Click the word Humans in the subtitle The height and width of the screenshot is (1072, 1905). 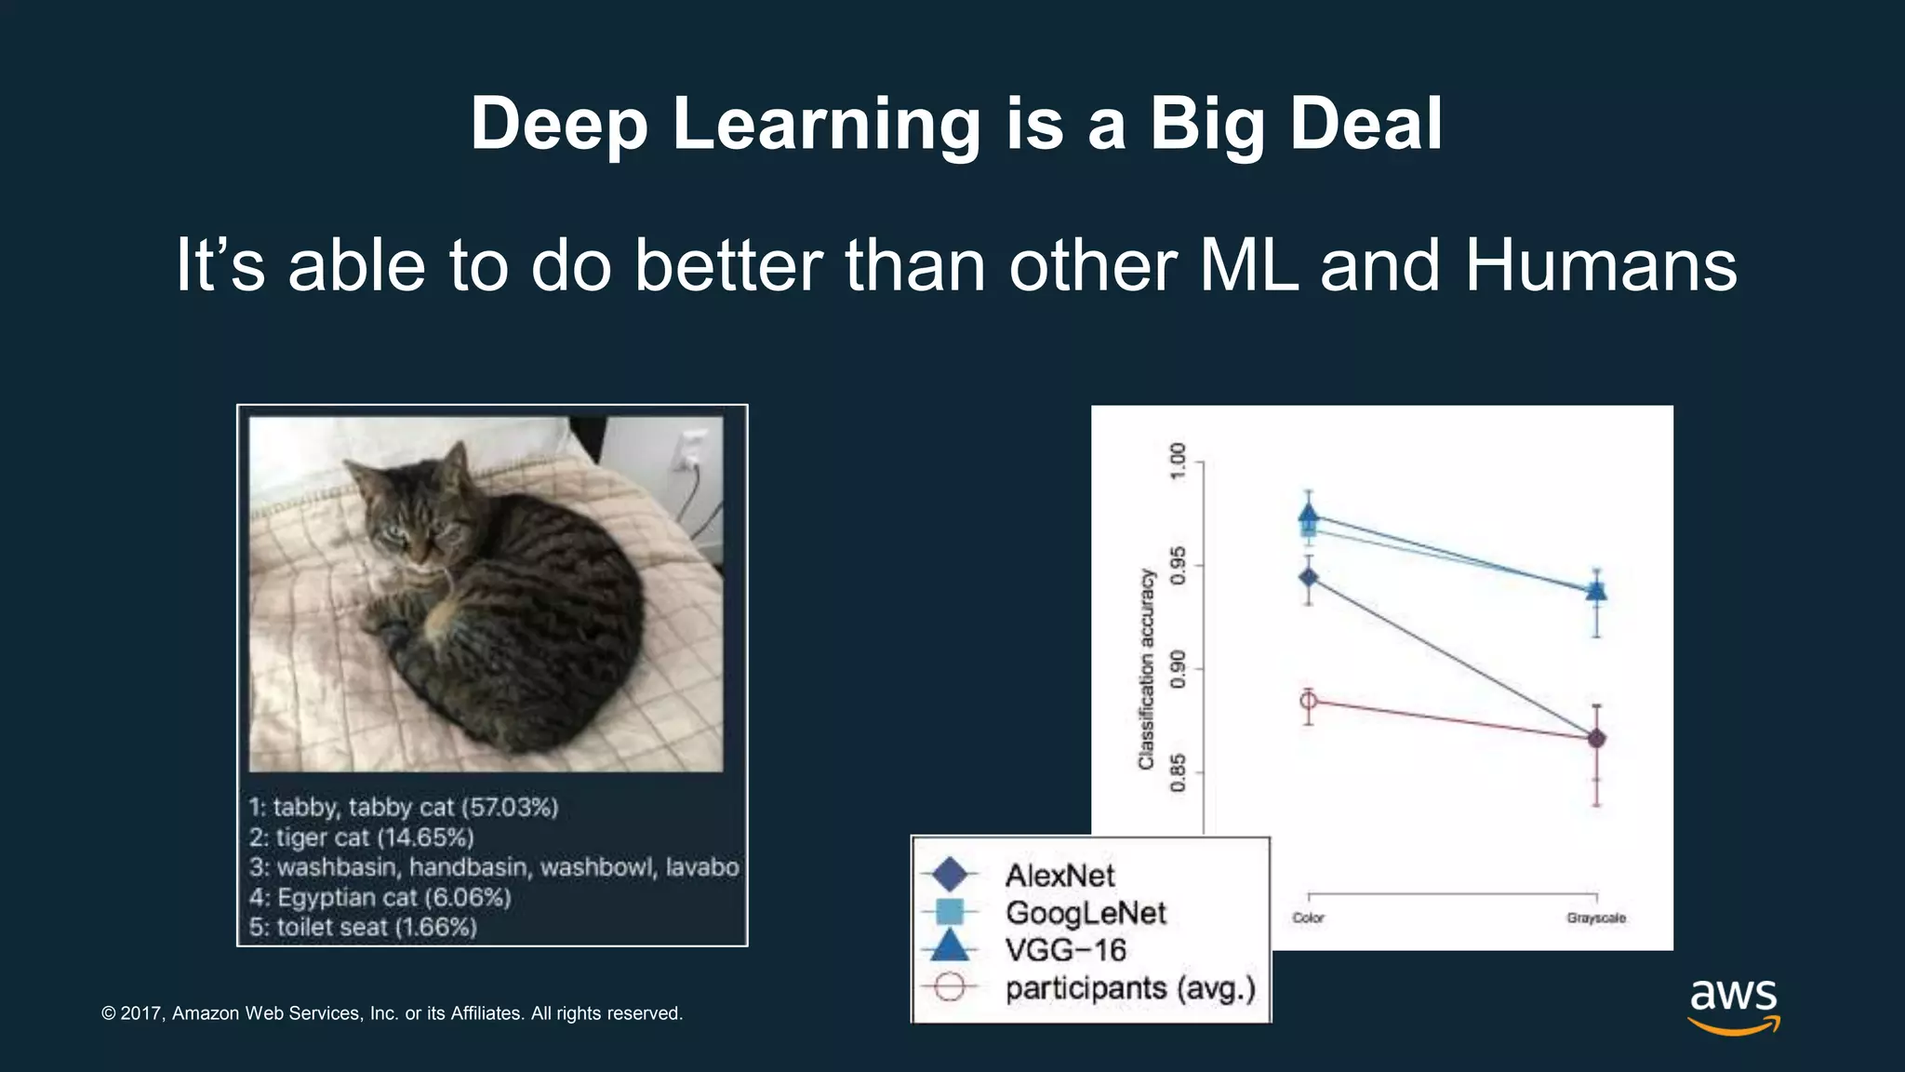click(x=1600, y=265)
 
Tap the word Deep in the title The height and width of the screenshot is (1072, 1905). click(x=558, y=124)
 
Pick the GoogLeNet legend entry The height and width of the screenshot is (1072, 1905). click(x=1085, y=913)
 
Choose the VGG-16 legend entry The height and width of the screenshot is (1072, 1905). click(x=1065, y=950)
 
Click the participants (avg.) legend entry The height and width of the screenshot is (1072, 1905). click(x=1129, y=987)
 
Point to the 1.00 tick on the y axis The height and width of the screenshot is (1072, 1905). click(x=1179, y=462)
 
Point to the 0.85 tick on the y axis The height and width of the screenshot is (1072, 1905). click(x=1179, y=772)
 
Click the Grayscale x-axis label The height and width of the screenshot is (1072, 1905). click(x=1595, y=918)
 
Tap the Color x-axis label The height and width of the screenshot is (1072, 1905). click(x=1308, y=918)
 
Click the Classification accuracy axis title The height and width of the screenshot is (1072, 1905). click(x=1146, y=669)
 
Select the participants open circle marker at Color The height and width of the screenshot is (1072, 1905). click(x=1308, y=702)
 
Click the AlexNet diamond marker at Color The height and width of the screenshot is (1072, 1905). click(x=1309, y=578)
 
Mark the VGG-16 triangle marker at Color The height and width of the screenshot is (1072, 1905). click(x=1309, y=514)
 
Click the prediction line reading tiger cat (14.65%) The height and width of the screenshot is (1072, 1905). click(x=362, y=837)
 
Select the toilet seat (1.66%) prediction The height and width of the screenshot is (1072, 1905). click(x=364, y=928)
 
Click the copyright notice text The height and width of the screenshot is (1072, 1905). click(x=392, y=1013)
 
